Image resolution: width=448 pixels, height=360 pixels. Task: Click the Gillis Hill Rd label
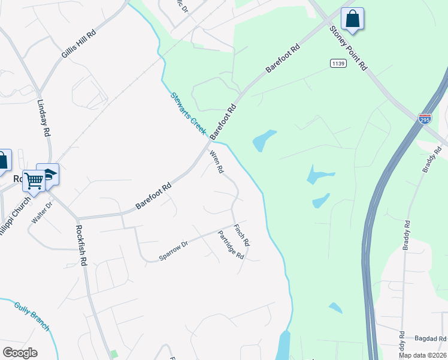point(78,44)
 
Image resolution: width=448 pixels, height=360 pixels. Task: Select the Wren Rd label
point(216,162)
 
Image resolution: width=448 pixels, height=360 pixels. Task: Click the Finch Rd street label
point(241,235)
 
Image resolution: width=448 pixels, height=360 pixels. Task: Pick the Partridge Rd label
point(231,245)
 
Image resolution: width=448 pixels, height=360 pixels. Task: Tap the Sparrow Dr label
point(174,250)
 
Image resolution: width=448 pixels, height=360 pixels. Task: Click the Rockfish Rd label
point(82,244)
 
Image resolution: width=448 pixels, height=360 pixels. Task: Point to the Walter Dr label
point(42,212)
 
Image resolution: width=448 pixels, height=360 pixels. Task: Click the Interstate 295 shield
point(425,118)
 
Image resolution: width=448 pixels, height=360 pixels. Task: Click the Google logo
point(20,353)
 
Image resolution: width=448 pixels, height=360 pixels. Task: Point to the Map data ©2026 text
point(423,355)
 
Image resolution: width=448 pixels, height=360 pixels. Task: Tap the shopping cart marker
point(34,179)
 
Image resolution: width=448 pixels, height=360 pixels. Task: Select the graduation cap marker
point(47,173)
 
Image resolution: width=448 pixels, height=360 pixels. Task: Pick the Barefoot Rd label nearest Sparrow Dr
point(154,196)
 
